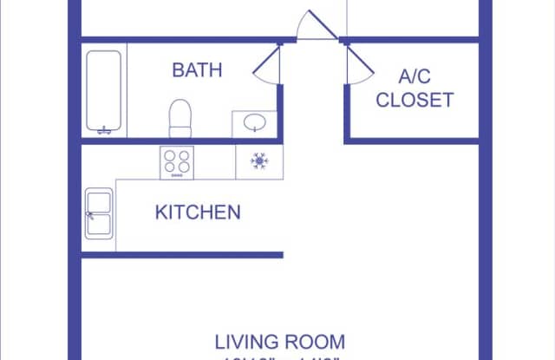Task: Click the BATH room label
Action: click(198, 69)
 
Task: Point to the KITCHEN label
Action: click(198, 212)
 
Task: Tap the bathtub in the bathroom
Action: click(105, 92)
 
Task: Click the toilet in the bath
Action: click(180, 118)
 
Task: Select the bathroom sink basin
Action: click(256, 123)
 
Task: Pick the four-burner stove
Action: click(177, 161)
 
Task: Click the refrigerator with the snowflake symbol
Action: click(258, 160)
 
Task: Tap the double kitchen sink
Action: click(98, 213)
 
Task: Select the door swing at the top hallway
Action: click(314, 24)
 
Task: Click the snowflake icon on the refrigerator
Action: click(258, 160)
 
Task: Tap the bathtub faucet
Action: click(105, 131)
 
